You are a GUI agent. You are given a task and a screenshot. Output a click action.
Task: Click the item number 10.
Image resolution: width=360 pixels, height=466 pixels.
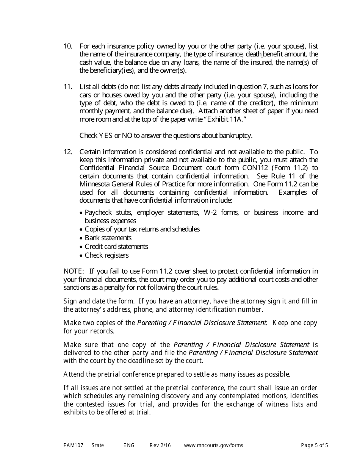tap(68, 46)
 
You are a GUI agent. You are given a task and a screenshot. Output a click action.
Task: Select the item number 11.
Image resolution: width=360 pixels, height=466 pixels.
tap(68, 87)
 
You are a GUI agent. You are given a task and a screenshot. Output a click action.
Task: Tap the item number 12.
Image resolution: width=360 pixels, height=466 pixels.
tap(68, 152)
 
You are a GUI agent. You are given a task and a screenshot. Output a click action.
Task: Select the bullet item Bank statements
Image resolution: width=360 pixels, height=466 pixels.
tap(108, 238)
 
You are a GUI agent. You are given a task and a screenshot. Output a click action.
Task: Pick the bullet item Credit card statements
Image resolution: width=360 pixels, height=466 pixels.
tap(116, 247)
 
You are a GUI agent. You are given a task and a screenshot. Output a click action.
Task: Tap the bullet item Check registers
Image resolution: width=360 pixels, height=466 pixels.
tap(106, 255)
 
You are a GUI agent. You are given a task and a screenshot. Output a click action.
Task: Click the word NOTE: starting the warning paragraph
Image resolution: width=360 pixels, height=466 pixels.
tap(74, 271)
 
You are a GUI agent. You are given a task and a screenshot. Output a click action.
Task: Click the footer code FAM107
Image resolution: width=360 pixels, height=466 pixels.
tap(71, 445)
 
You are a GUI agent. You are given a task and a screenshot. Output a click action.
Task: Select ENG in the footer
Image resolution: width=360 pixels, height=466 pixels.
tap(129, 445)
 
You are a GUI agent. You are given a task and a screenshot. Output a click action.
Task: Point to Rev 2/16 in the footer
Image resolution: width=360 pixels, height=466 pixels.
tap(160, 445)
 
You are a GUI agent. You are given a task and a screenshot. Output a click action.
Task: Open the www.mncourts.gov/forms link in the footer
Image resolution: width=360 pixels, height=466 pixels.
tap(213, 445)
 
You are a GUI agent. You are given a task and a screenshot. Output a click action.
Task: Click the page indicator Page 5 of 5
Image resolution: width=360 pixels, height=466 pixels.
tap(314, 445)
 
